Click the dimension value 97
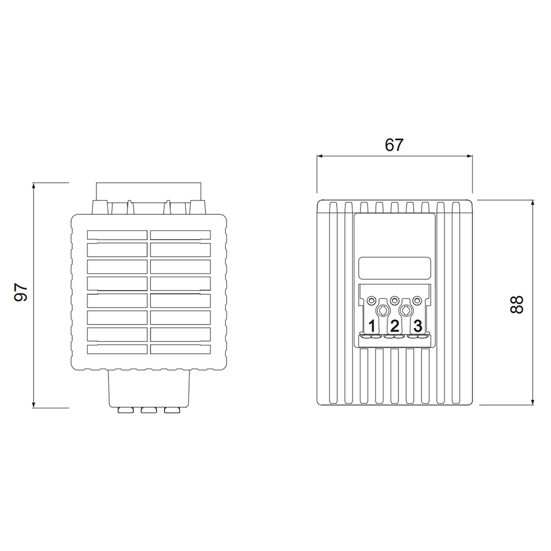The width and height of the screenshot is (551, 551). [21, 292]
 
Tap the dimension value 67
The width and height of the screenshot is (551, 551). [394, 145]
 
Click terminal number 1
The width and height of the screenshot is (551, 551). [372, 326]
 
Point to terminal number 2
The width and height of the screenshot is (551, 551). [395, 326]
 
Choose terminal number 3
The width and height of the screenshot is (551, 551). [418, 326]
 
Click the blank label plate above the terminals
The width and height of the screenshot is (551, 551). [395, 268]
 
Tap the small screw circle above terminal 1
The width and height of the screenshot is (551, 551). [372, 300]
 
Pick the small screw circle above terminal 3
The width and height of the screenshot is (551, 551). [418, 300]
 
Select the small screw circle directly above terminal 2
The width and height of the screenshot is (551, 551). [395, 300]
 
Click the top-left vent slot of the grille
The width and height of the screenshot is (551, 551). [117, 235]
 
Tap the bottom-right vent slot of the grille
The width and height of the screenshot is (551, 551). [180, 349]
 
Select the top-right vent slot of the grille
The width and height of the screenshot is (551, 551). [180, 235]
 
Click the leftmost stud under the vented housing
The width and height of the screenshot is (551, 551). [126, 410]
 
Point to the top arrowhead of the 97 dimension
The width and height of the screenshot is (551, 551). [34, 186]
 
